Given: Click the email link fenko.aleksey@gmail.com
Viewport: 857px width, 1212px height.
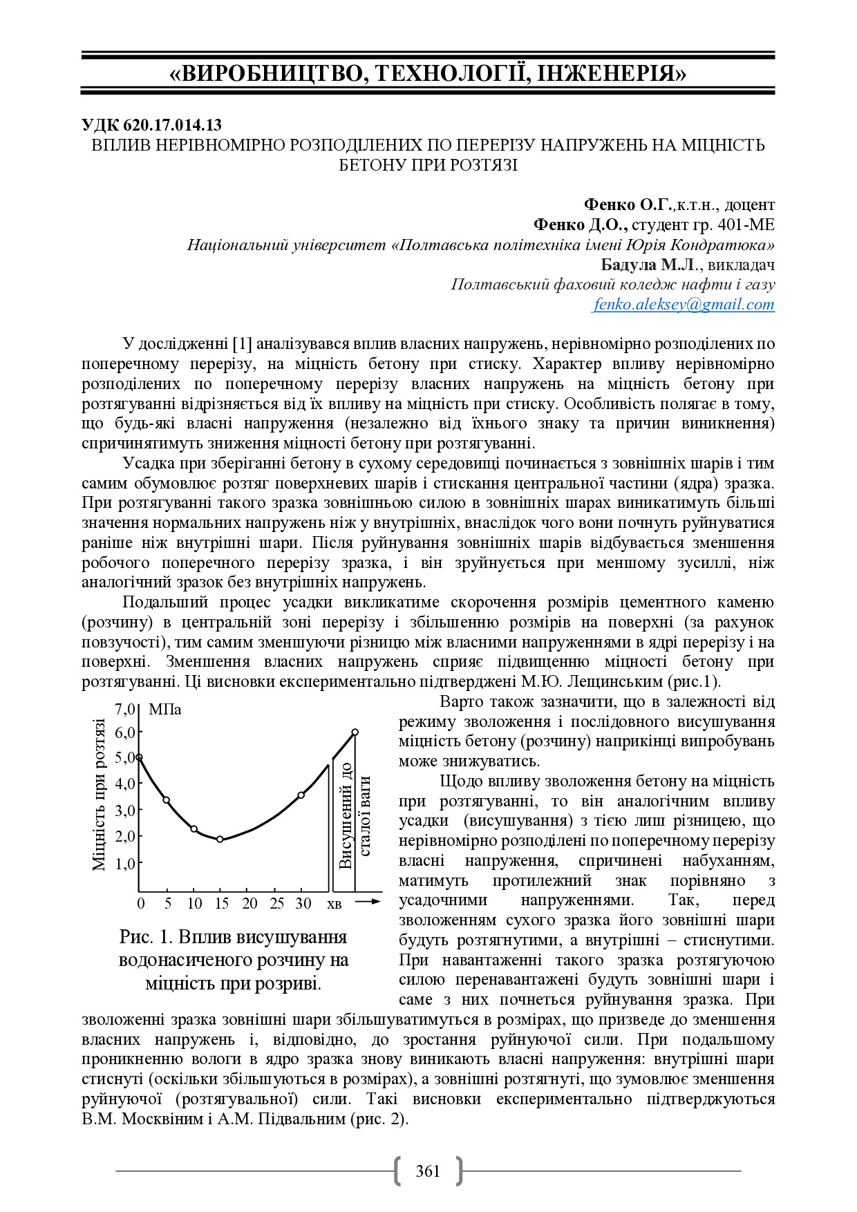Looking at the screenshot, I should (684, 305).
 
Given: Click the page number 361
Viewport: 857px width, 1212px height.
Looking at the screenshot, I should (428, 1171).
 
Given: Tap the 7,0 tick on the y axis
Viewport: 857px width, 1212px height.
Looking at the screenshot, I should (126, 709).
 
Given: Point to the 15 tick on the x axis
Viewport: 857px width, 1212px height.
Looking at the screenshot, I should (221, 903).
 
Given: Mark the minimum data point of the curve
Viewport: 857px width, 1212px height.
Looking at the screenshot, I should (220, 840).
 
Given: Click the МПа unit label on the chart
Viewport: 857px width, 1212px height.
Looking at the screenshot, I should (164, 710).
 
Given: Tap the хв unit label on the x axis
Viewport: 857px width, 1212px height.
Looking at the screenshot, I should (334, 904).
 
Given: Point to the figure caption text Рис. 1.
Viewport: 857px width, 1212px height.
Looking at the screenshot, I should (147, 937).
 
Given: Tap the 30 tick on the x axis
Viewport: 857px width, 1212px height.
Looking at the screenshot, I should (303, 903).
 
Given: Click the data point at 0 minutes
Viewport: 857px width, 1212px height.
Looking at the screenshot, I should (139, 757).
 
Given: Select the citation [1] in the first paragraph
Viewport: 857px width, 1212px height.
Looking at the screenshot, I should (242, 344).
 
